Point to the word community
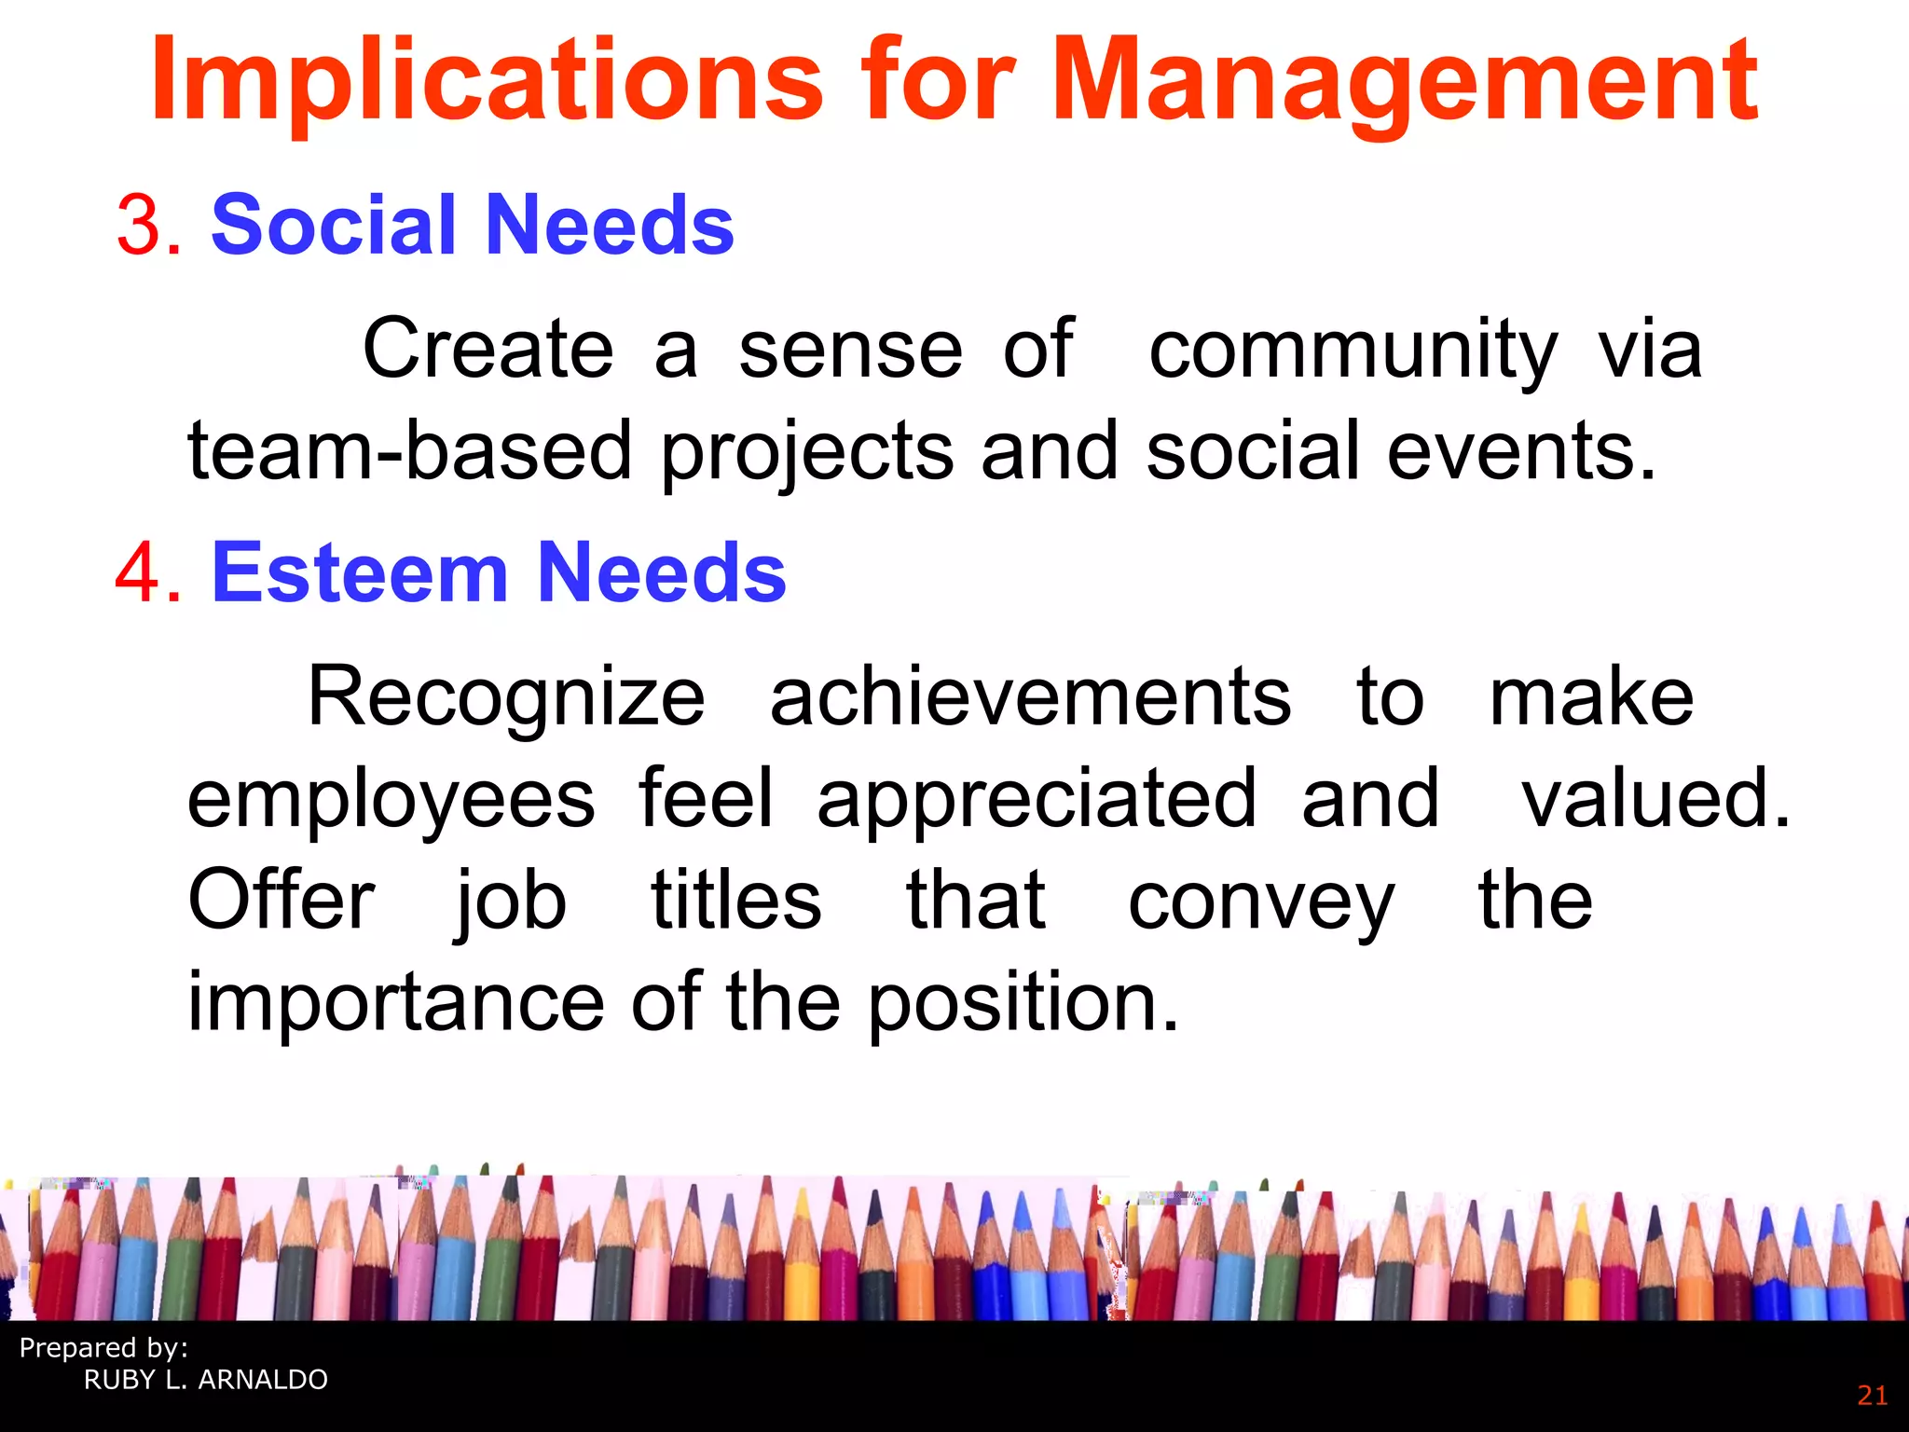[x=1353, y=351]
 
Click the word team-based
[x=410, y=451]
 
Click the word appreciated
[x=1037, y=799]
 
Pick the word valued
[x=1655, y=799]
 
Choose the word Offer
[x=282, y=901]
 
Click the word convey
[x=1261, y=901]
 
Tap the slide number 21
[x=1872, y=1396]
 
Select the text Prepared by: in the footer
[x=103, y=1348]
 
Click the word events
[x=1521, y=451]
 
